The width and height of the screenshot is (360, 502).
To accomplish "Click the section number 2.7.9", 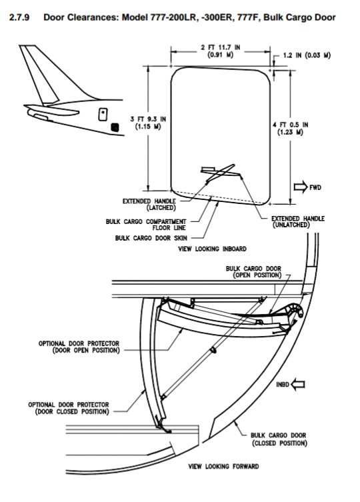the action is (x=19, y=17).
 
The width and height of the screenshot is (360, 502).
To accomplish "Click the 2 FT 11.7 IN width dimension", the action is (x=221, y=51).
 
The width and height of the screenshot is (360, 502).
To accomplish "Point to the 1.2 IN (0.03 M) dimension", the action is (x=307, y=55).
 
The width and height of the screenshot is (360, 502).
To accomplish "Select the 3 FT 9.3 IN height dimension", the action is (x=148, y=123).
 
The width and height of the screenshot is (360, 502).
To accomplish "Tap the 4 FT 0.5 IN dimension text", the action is (x=290, y=129).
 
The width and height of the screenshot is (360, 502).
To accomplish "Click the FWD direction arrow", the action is (x=301, y=187).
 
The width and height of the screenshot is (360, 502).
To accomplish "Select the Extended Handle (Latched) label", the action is (x=149, y=204).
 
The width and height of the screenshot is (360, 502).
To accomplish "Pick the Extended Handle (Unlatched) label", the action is (x=298, y=221).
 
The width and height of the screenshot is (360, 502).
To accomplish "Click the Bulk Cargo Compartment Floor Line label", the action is (x=146, y=225).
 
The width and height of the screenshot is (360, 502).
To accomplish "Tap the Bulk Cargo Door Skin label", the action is (x=151, y=238).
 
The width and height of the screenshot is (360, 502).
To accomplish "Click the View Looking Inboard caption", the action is (x=213, y=249).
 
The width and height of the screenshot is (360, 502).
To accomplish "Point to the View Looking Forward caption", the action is (x=223, y=467).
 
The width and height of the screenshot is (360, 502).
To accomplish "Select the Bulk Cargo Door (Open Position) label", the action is (x=253, y=272).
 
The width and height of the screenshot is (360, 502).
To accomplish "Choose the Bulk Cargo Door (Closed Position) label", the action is (x=279, y=439).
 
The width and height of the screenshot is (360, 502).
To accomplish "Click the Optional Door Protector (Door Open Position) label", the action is (x=79, y=347).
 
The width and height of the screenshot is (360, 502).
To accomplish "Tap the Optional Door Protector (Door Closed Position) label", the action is (x=69, y=408).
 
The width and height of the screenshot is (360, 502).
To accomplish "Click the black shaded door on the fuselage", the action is (x=115, y=127).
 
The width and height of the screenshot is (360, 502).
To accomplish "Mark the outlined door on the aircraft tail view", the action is (x=103, y=114).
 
